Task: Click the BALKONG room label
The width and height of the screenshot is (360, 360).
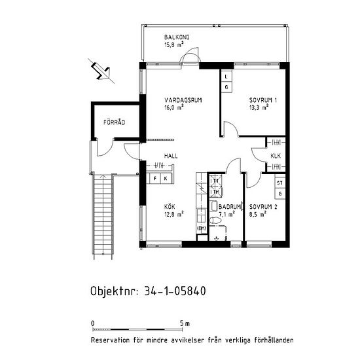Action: pos(177,37)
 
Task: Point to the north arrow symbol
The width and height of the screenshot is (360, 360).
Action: pos(100,69)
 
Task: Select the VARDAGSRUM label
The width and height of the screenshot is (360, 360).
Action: pos(182,100)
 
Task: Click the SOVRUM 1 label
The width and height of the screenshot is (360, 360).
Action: pos(262,100)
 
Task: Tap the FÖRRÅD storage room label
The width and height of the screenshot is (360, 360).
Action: pos(114,122)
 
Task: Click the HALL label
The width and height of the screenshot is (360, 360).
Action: pos(171,156)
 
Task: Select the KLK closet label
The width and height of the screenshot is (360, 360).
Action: pos(276,156)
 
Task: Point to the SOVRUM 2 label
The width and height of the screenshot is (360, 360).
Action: pos(263,206)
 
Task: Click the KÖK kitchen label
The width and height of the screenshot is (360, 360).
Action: pos(170,206)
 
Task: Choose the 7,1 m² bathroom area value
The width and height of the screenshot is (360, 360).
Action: pos(226,213)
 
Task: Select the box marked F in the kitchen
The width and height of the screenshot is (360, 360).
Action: pos(156,178)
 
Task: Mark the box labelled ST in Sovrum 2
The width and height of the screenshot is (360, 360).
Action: pos(280,184)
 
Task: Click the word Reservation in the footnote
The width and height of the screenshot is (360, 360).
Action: pos(113,340)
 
